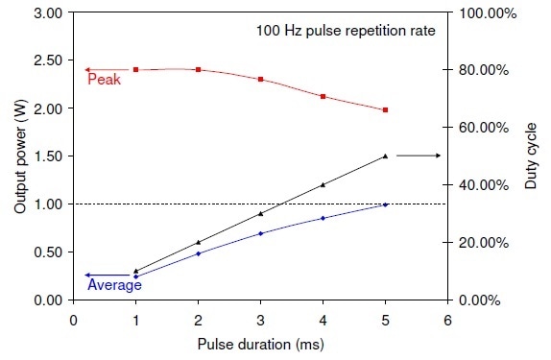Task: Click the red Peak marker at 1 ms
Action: pos(136,70)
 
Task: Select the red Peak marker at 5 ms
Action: pos(385,110)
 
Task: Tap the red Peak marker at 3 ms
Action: pos(260,80)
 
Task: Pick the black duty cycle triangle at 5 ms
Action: pos(385,156)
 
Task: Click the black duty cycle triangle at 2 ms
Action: pos(199,242)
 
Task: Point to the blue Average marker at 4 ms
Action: pos(323,218)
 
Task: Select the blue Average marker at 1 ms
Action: pos(136,276)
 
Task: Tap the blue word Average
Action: pos(114,285)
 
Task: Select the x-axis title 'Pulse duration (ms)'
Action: pos(259,343)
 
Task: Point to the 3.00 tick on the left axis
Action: pos(48,13)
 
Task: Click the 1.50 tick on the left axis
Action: pos(48,156)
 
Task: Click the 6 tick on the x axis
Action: pos(446,319)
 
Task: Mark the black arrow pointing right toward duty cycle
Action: pos(418,156)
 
